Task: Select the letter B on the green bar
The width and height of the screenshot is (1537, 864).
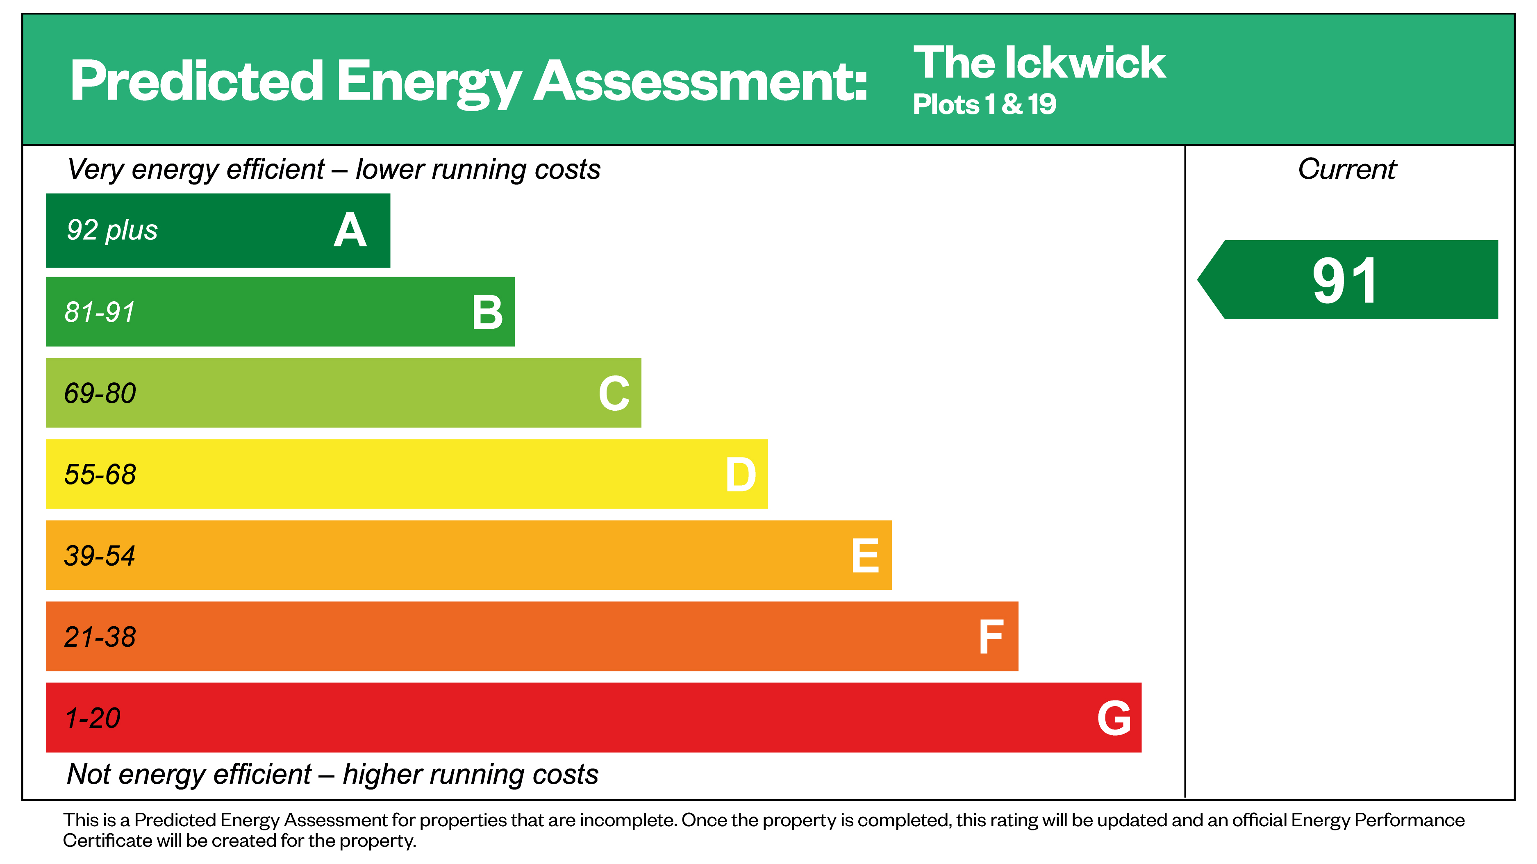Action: (x=487, y=312)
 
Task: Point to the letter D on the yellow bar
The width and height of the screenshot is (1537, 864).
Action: (x=741, y=475)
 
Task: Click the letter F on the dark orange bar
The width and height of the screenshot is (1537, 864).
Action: (x=991, y=637)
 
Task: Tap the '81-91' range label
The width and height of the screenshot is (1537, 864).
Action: (x=100, y=312)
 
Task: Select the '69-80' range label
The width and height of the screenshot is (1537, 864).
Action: (x=100, y=393)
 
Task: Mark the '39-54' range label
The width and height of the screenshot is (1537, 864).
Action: (x=100, y=555)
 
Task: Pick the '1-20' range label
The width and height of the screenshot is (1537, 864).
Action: (x=93, y=718)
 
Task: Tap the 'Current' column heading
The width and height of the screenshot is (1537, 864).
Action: (x=1347, y=169)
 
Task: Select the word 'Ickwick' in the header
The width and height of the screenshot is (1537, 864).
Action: (x=1085, y=63)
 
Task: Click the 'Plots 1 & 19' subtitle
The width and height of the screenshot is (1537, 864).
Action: (x=984, y=105)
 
